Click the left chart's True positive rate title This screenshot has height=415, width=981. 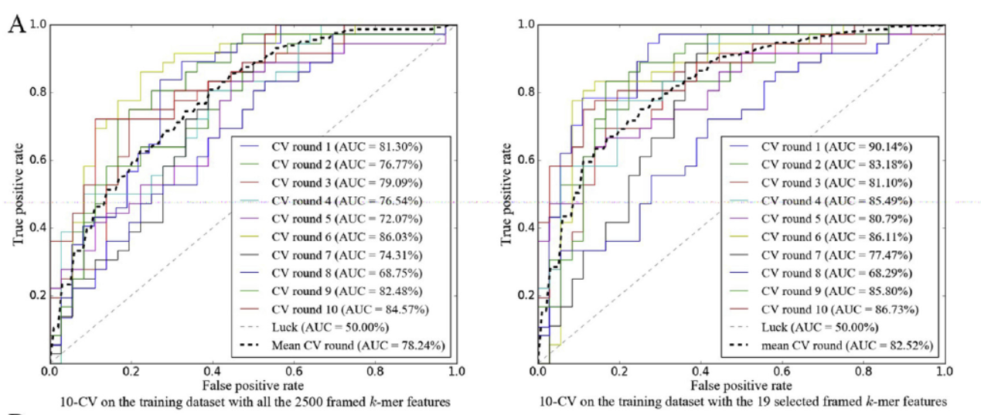coord(17,192)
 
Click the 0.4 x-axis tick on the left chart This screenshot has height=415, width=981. coord(213,371)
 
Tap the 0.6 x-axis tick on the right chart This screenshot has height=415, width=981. coord(782,371)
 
